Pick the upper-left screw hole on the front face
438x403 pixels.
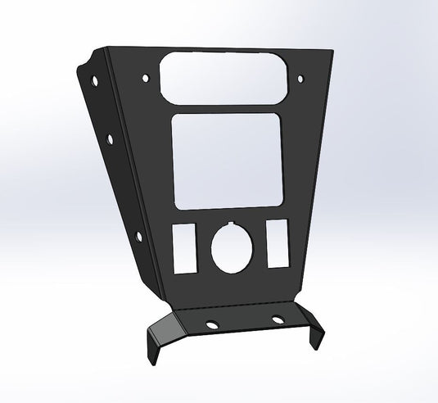click(x=146, y=79)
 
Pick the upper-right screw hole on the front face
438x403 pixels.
click(x=301, y=79)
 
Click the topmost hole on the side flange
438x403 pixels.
click(x=97, y=82)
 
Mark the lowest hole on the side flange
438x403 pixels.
click(x=137, y=237)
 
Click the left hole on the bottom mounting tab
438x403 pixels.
click(x=212, y=323)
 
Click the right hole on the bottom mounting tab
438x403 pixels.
click(x=278, y=320)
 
